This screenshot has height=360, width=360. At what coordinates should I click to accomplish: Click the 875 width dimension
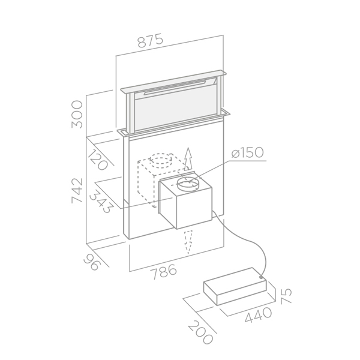pos(151,41)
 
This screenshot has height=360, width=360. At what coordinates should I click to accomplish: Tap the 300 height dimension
pos(77,114)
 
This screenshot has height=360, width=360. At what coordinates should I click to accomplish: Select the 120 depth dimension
pos(98,160)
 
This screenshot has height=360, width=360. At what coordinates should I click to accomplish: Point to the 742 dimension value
pos(77,190)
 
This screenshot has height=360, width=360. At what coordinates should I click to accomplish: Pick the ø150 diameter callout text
pos(247,152)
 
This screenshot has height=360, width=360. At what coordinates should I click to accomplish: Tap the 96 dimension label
pos(92,262)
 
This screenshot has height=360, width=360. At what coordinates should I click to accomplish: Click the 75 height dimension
pos(286,296)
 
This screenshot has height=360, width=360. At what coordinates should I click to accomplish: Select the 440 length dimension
pos(258,315)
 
